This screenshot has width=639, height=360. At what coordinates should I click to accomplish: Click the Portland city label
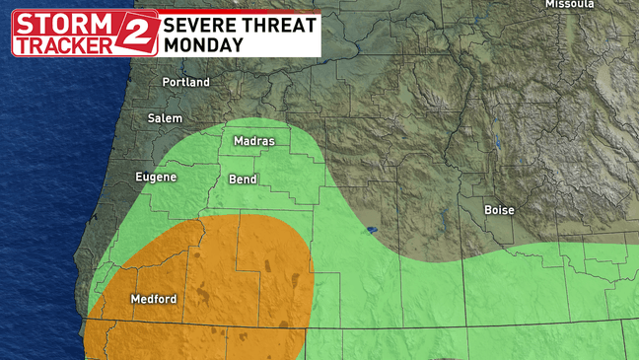[186, 82]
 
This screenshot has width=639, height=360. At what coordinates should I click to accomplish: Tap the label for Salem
[165, 118]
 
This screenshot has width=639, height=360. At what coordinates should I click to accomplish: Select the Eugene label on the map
[156, 178]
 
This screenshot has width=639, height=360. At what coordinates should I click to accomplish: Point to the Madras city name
[253, 141]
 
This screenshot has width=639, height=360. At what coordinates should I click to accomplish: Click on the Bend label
[244, 180]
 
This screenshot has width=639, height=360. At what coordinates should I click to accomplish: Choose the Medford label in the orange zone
[153, 299]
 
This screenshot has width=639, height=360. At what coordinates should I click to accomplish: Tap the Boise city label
[499, 210]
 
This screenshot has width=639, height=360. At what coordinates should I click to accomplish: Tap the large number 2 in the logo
[137, 34]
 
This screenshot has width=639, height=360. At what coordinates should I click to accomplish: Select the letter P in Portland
[167, 82]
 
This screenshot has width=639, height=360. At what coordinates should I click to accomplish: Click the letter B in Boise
[488, 210]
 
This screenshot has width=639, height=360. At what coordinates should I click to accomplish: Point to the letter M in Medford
[135, 299]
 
